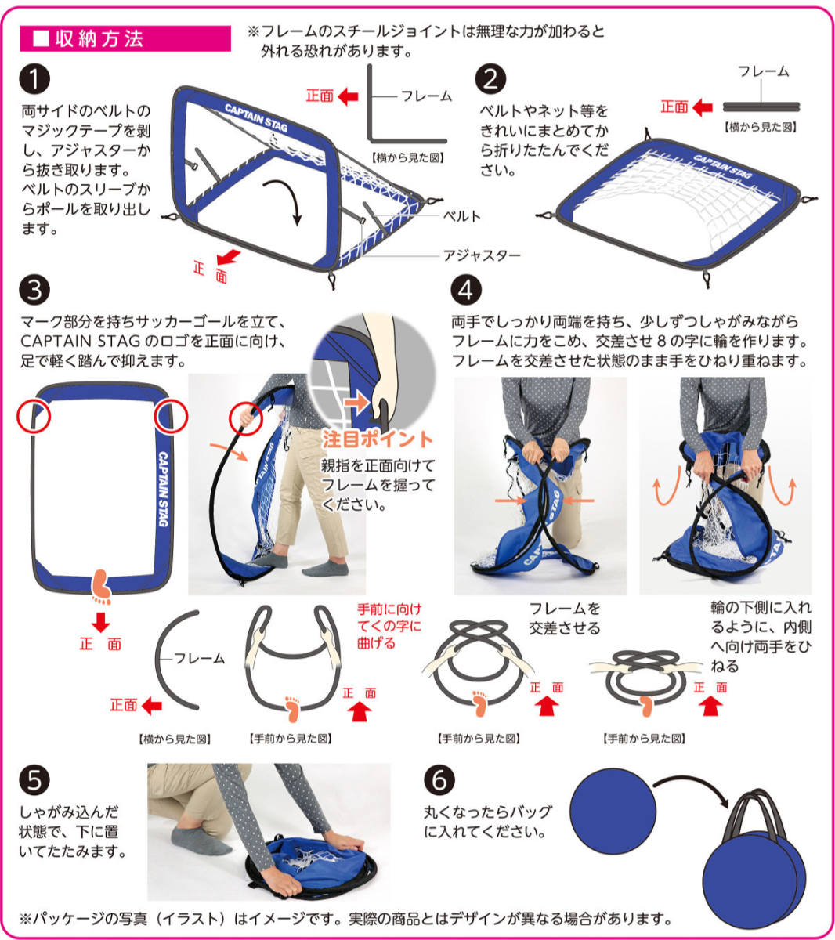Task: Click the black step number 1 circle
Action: [x=34, y=78]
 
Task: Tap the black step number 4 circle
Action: [x=466, y=290]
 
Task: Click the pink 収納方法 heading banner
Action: [x=125, y=38]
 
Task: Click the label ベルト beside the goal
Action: [x=461, y=216]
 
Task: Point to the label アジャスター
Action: [x=482, y=255]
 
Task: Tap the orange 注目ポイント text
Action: [x=378, y=439]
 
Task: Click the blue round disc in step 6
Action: [x=613, y=810]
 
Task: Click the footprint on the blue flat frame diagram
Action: [x=102, y=587]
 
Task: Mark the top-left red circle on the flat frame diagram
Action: [x=34, y=417]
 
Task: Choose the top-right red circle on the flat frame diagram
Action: [x=171, y=417]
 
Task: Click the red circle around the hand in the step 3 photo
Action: [x=246, y=418]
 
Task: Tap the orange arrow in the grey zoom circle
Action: [x=357, y=403]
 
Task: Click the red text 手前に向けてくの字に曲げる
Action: [x=389, y=625]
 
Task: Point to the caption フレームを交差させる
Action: [x=565, y=618]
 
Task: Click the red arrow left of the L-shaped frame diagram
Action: [x=349, y=96]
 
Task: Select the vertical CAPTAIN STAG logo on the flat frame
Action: [x=163, y=489]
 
